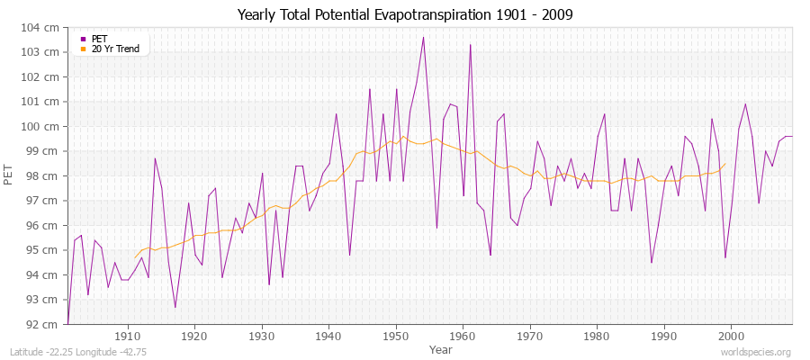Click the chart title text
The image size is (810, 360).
(x=405, y=15)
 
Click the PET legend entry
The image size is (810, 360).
(x=99, y=39)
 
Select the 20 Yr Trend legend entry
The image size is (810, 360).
(x=115, y=49)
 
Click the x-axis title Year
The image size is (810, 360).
(x=441, y=348)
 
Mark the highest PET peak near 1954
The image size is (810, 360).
(x=423, y=38)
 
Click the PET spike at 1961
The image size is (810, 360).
(x=470, y=45)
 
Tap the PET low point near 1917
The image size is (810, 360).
(x=175, y=307)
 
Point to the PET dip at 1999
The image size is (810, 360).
(x=725, y=257)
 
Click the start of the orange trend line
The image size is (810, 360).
(x=135, y=257)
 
